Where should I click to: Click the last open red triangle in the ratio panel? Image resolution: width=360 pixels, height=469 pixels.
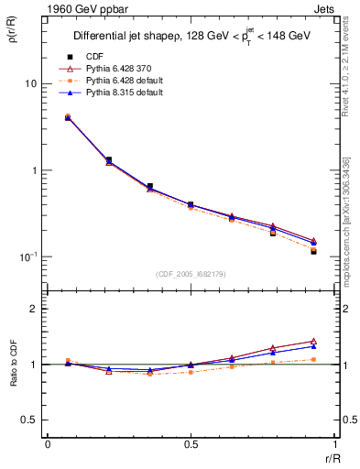pos(313,341)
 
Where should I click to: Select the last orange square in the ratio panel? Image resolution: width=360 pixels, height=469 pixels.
pos(313,359)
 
